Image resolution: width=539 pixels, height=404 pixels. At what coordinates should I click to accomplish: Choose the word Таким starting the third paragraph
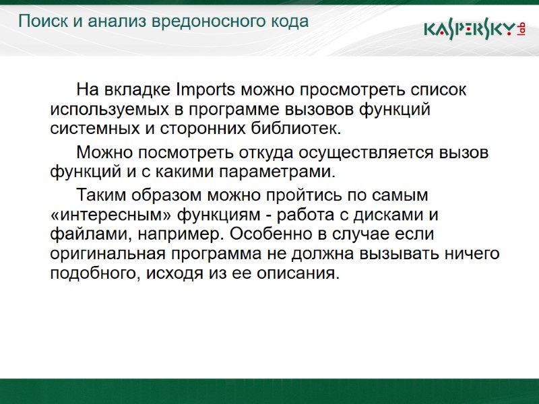(x=100, y=197)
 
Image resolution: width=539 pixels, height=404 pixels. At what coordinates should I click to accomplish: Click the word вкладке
(x=137, y=90)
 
